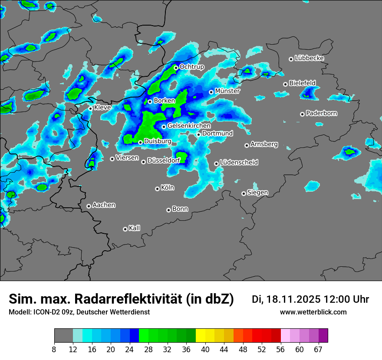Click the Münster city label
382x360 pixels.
coord(227,91)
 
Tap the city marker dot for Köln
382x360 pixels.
coord(157,189)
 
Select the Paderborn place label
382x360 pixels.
coord(322,113)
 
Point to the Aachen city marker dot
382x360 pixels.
coord(89,206)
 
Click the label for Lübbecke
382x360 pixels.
coord(310,58)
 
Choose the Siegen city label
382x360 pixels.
coord(257,193)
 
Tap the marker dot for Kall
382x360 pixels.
coord(125,229)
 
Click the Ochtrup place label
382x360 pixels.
coord(192,67)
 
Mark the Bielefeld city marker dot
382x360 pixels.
coord(285,84)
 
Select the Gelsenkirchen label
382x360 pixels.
coord(189,126)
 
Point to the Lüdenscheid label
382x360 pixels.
coord(239,163)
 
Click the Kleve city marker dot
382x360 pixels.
coord(90,108)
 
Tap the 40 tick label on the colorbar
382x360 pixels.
coord(205,350)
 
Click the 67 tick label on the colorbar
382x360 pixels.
coord(318,350)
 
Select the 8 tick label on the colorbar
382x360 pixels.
coord(54,350)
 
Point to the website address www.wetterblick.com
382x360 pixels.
coord(313,312)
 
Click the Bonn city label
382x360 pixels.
coord(180,209)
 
